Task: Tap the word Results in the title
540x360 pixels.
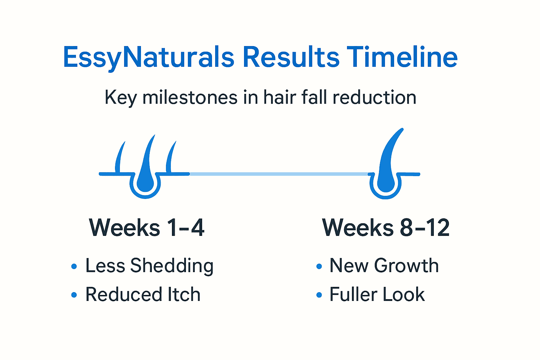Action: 291,57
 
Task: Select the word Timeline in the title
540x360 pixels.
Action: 402,57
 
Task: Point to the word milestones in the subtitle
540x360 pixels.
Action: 190,97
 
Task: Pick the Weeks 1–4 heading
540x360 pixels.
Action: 147,228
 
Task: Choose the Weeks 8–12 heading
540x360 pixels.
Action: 386,228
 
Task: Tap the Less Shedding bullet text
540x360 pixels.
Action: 149,266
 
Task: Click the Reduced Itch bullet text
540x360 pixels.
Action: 143,295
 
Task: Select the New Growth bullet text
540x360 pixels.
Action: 384,266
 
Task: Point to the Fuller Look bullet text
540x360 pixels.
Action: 377,295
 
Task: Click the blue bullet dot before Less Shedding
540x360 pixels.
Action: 74,266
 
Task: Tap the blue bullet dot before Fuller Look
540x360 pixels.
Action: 319,295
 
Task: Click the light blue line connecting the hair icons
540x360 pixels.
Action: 278,174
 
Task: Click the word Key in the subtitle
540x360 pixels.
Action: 120,97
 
